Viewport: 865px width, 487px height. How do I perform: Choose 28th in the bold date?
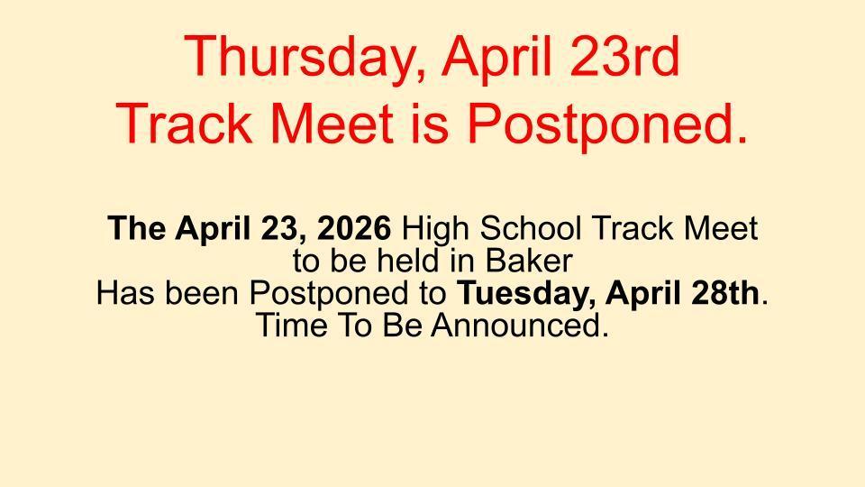tap(728, 294)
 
